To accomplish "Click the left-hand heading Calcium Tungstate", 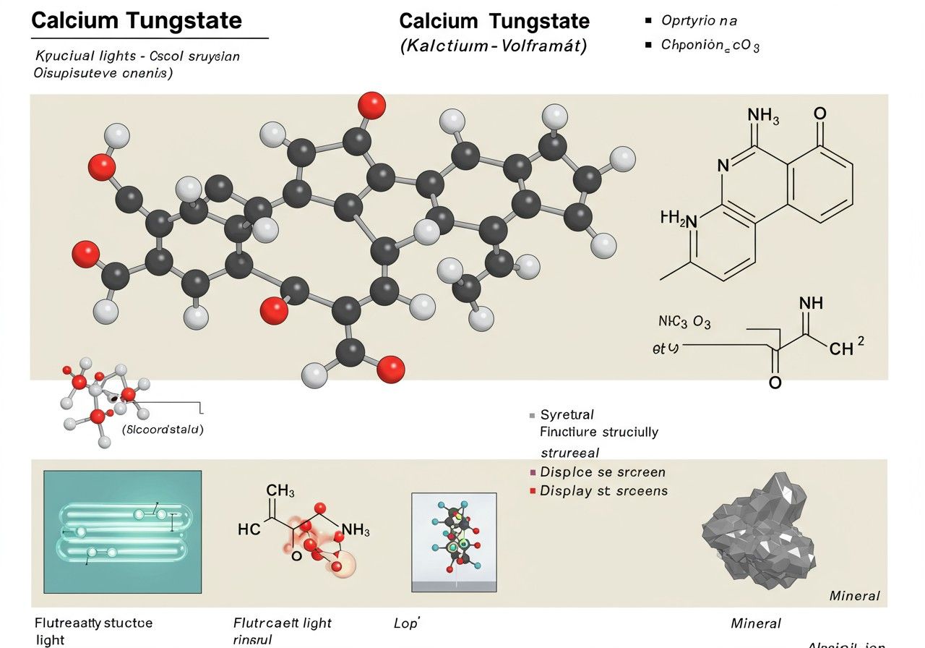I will coord(137,20).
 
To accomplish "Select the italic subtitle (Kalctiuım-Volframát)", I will coord(494,46).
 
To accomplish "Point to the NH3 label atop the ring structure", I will coord(763,115).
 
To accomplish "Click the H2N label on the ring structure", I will coord(679,218).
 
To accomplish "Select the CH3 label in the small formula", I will coord(280,491).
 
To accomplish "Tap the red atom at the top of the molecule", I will coord(372,105).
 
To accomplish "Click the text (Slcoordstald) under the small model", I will coord(163,430).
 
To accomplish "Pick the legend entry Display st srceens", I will coord(603,491).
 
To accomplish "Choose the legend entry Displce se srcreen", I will coord(603,472).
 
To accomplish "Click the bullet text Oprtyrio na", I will coord(699,21).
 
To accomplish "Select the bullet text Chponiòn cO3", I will coord(710,46).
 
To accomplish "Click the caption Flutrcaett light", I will coord(283,623).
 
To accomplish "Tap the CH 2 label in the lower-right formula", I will coord(846,349).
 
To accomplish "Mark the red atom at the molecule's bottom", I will coord(391,369).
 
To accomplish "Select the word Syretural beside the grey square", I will coord(567,414).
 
